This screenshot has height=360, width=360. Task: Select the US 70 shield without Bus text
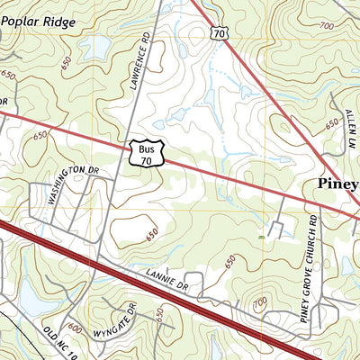click(x=220, y=31)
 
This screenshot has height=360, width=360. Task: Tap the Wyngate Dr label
click(x=125, y=319)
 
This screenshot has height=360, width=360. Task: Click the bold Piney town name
click(x=337, y=184)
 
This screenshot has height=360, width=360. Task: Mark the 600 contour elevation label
click(x=75, y=329)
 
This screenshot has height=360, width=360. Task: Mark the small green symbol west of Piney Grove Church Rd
click(x=261, y=237)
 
